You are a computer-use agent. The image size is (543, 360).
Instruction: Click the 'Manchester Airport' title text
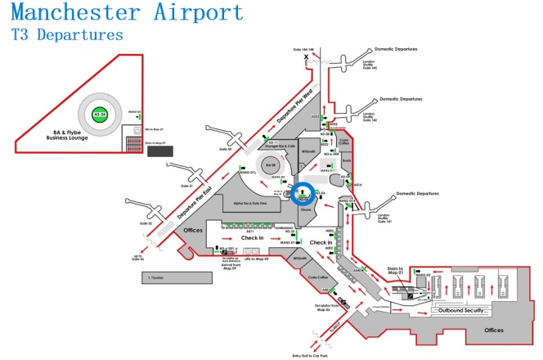pyautogui.click(x=128, y=13)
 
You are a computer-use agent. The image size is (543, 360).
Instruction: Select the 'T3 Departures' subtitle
pyautogui.click(x=67, y=35)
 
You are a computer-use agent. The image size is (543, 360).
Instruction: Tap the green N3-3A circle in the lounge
pyautogui.click(x=100, y=115)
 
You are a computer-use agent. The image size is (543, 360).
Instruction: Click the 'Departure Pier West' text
pyautogui.click(x=296, y=106)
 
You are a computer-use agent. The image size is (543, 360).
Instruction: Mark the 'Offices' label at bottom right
pyautogui.click(x=494, y=330)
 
